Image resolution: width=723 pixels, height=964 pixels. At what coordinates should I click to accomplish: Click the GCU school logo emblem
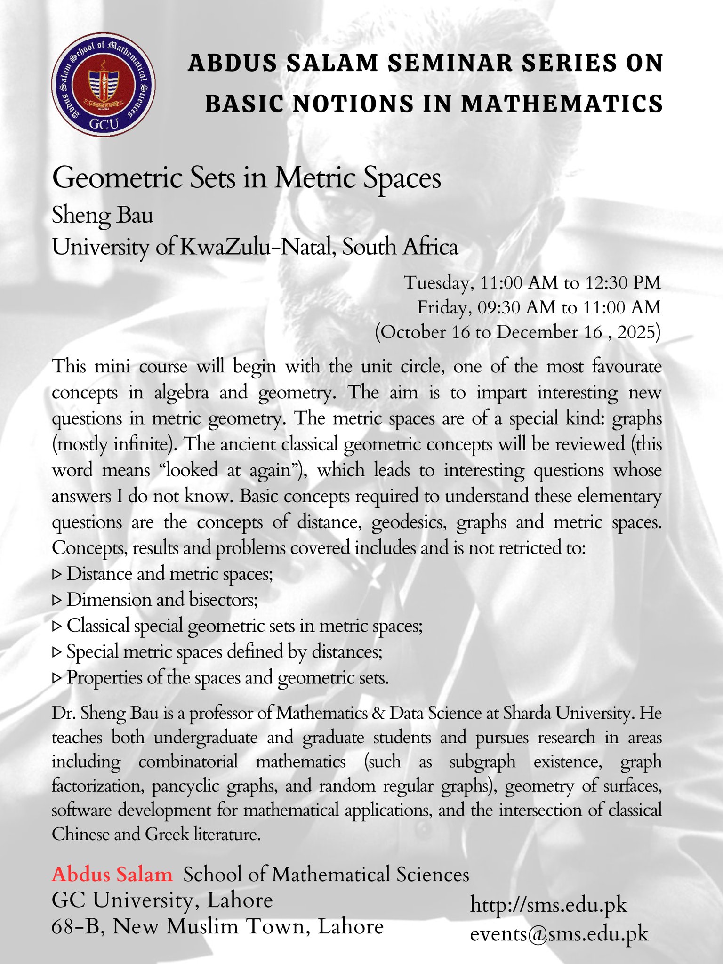click(x=103, y=85)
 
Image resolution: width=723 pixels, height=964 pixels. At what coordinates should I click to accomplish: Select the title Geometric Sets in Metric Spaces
click(x=247, y=178)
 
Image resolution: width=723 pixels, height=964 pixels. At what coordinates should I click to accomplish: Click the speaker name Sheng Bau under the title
click(x=103, y=216)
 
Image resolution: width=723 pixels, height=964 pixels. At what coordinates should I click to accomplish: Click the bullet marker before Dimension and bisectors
click(x=57, y=600)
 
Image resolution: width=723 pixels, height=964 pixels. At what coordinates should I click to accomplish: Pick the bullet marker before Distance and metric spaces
click(x=57, y=574)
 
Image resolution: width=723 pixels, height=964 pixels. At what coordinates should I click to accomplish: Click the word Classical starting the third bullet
click(x=98, y=626)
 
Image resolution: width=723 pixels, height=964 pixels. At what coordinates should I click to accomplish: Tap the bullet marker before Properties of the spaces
click(x=57, y=678)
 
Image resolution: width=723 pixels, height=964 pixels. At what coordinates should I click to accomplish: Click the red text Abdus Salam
click(x=112, y=874)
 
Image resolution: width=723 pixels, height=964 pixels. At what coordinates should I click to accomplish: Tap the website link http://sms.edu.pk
click(x=548, y=905)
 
